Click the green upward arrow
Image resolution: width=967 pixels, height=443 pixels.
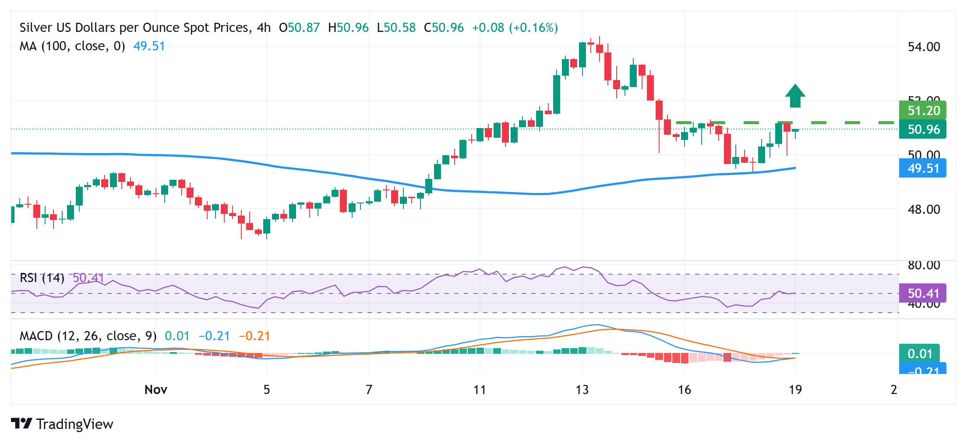pyautogui.click(x=795, y=96)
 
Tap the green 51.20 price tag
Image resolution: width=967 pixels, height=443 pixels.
pyautogui.click(x=922, y=110)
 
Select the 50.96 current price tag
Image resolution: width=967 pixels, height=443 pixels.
pyautogui.click(x=922, y=129)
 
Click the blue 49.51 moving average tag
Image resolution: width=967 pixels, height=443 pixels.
pyautogui.click(x=922, y=168)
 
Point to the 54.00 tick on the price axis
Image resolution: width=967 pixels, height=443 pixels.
pyautogui.click(x=924, y=47)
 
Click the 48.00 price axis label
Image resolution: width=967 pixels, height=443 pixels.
pyautogui.click(x=924, y=209)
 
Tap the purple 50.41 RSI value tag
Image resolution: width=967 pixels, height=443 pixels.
pyautogui.click(x=922, y=293)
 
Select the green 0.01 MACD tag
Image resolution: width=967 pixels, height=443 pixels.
pyautogui.click(x=919, y=353)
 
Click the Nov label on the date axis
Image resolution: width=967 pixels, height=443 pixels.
pyautogui.click(x=156, y=390)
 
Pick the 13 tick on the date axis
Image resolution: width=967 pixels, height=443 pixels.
pyautogui.click(x=582, y=390)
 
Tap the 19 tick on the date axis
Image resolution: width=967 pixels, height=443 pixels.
pyautogui.click(x=795, y=390)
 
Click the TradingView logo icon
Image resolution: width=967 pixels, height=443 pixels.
pyautogui.click(x=21, y=423)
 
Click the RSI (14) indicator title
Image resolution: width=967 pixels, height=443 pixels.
pyautogui.click(x=42, y=278)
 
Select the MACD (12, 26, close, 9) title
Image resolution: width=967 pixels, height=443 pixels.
pyautogui.click(x=88, y=336)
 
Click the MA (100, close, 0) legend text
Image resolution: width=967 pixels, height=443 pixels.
pyautogui.click(x=72, y=46)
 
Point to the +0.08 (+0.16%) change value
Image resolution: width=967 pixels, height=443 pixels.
pyautogui.click(x=515, y=28)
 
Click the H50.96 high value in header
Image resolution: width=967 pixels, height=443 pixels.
pyautogui.click(x=348, y=28)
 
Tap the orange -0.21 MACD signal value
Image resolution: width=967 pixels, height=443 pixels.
pyautogui.click(x=254, y=336)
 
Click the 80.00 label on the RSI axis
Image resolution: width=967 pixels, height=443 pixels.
pyautogui.click(x=924, y=265)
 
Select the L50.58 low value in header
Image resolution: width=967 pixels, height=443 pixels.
pyautogui.click(x=396, y=28)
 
